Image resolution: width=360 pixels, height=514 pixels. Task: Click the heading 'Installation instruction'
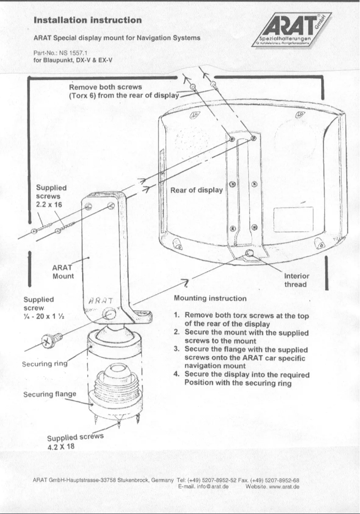[x=88, y=20]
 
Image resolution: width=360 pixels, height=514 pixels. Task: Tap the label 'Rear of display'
[x=196, y=190]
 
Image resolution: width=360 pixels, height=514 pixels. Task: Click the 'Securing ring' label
[x=44, y=365]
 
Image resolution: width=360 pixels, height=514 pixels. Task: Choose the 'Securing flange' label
[x=49, y=394]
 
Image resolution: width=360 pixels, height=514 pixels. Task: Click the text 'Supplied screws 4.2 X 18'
[x=75, y=441]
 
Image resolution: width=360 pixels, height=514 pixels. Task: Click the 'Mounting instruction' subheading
[x=210, y=298]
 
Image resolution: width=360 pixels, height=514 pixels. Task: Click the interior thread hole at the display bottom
[x=249, y=255]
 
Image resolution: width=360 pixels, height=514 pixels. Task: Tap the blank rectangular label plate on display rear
[x=293, y=220]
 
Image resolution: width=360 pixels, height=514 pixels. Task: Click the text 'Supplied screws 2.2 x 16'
[x=51, y=196]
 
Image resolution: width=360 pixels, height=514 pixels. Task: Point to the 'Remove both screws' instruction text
[x=123, y=91]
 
